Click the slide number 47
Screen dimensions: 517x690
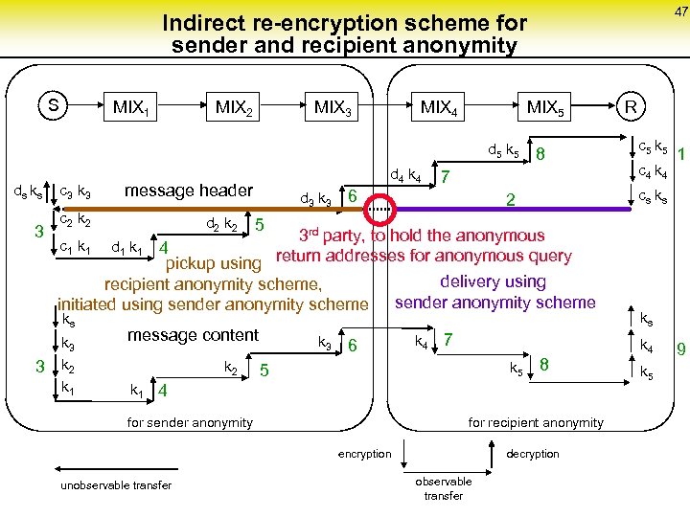679,11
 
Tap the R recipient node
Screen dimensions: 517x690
632,104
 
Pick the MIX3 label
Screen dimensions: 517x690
333,107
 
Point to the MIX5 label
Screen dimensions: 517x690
546,107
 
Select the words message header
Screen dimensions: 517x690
189,191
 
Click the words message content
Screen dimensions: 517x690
193,335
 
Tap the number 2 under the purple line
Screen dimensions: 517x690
511,199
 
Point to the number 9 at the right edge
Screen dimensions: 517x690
680,349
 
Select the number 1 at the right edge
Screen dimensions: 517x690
680,153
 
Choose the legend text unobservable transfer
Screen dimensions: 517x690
116,485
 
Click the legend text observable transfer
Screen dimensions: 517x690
443,488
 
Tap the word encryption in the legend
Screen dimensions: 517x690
364,454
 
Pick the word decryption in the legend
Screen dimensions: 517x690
532,454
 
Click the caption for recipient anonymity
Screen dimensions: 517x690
535,422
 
